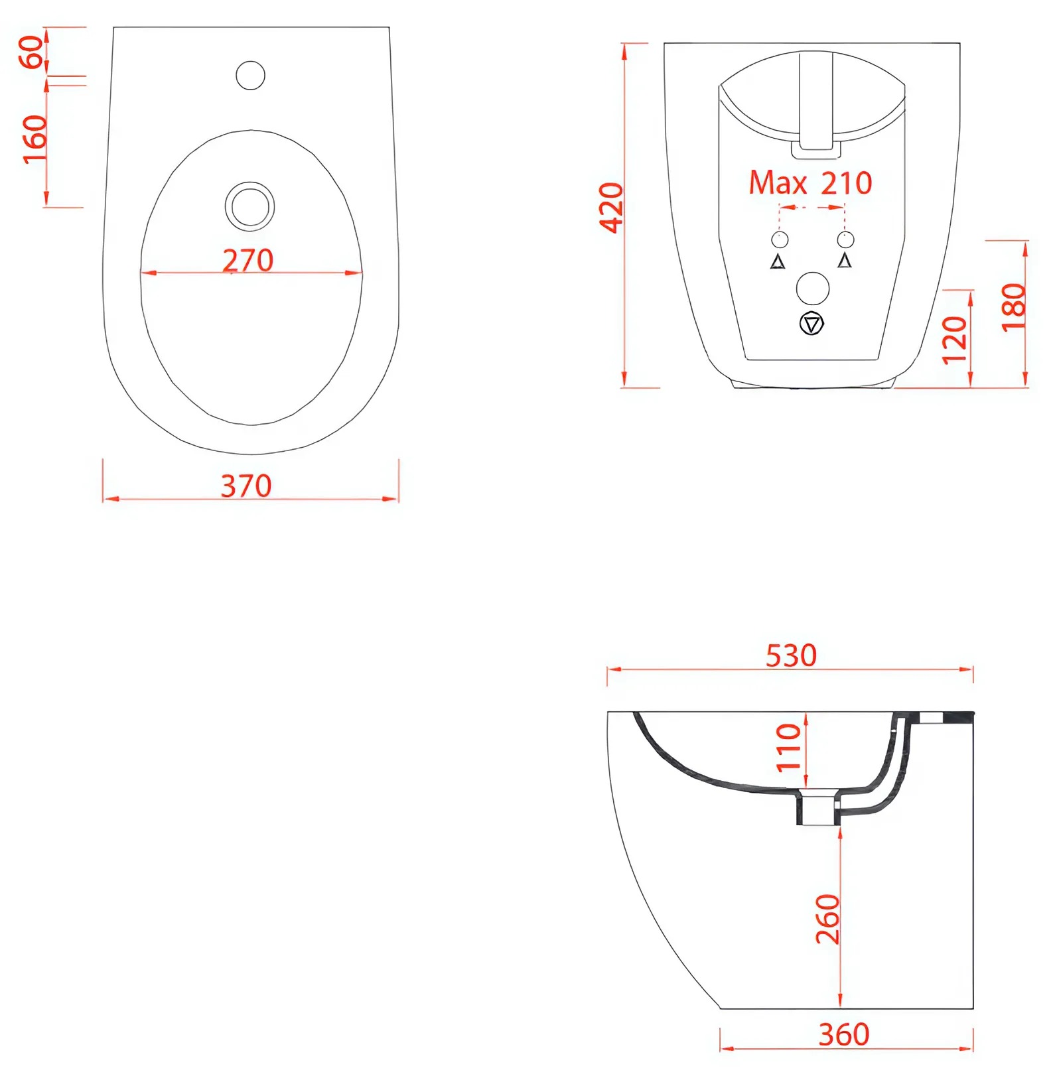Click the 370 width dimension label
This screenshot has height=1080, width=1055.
click(x=246, y=486)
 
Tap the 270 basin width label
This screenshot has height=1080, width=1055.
click(x=247, y=260)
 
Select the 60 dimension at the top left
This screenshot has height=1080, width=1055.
click(x=32, y=52)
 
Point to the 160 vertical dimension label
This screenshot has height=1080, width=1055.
click(x=35, y=139)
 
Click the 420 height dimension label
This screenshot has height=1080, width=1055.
click(x=611, y=208)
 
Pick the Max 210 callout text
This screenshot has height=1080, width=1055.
click(x=810, y=182)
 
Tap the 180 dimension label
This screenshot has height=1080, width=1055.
click(x=1013, y=306)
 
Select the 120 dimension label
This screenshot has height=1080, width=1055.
click(x=955, y=340)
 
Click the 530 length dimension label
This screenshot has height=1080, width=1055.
click(x=791, y=655)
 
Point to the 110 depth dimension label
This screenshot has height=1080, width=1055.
click(x=789, y=747)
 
